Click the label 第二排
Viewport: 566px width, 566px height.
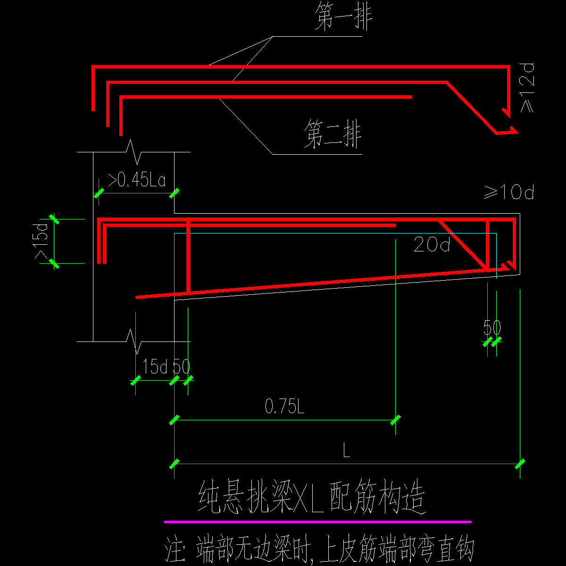(x=333, y=134)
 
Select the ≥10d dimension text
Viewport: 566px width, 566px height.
(x=509, y=192)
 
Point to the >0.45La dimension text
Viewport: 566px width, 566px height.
(x=137, y=181)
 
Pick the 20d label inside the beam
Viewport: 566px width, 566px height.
(x=432, y=244)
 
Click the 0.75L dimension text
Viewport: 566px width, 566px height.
(x=285, y=407)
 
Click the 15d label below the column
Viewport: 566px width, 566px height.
(x=155, y=367)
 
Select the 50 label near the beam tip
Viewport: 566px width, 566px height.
(x=492, y=328)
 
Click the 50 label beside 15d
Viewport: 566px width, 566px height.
(x=181, y=367)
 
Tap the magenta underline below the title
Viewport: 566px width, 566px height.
(x=317, y=522)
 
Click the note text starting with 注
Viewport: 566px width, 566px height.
(x=319, y=550)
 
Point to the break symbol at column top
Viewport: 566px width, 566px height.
(x=134, y=151)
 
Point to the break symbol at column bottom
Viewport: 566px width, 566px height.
(x=134, y=341)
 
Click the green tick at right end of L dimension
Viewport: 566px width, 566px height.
(x=520, y=464)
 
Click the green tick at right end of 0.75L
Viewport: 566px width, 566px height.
(x=395, y=419)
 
